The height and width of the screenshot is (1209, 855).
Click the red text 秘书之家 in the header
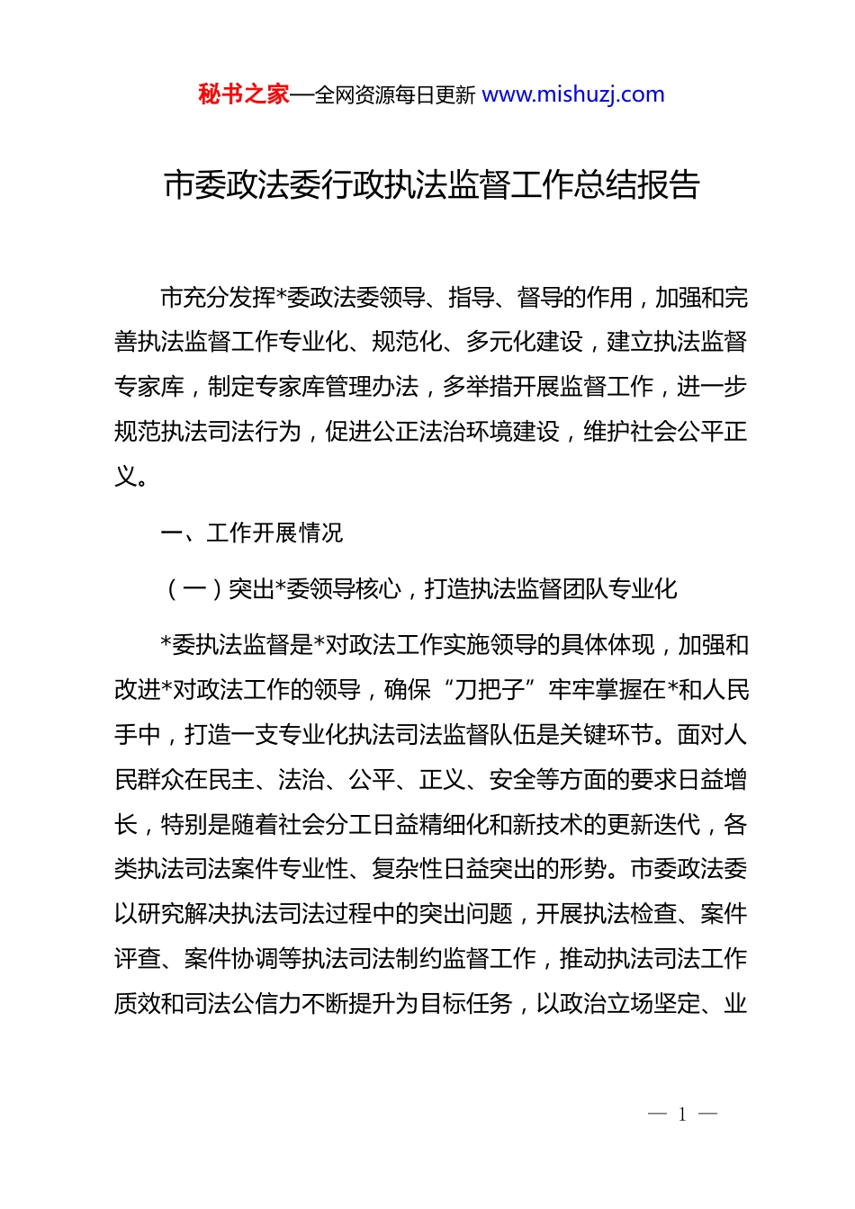coord(243,94)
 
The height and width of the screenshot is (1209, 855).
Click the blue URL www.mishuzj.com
coord(573,94)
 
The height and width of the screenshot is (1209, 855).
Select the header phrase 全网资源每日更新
coord(394,95)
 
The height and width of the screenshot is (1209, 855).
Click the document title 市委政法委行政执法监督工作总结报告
coord(432,184)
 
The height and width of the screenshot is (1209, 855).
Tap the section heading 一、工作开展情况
coord(252,533)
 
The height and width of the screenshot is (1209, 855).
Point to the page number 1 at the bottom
coord(682,1115)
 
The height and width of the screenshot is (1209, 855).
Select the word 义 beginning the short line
coord(126,476)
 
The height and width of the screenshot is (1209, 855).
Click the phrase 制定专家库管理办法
coord(313,387)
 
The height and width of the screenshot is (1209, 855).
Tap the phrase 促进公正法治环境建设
coord(442,432)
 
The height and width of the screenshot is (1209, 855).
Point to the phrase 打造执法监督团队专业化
coord(551,589)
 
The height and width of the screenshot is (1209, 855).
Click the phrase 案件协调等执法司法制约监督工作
coord(360,959)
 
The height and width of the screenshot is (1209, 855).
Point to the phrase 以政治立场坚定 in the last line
coord(617,1003)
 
